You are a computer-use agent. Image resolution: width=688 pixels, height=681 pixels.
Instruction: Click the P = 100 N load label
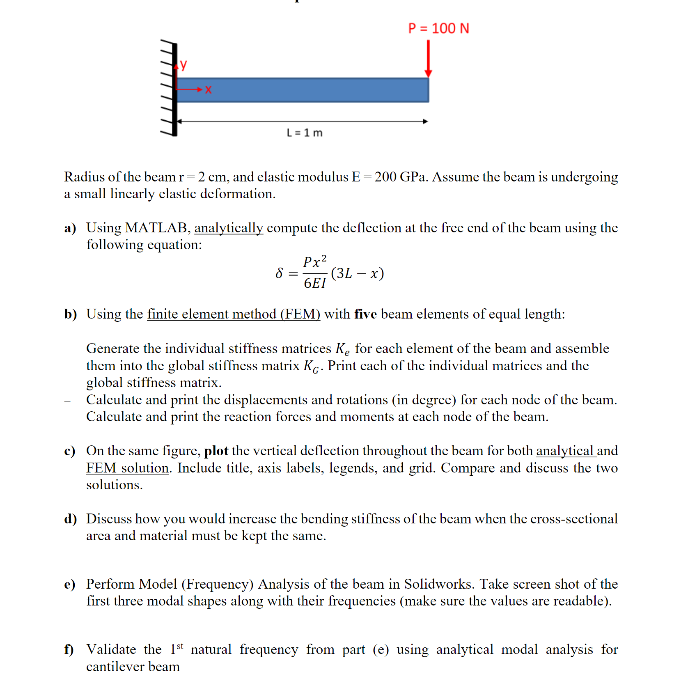point(438,28)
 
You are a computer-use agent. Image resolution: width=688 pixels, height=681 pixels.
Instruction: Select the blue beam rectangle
point(303,90)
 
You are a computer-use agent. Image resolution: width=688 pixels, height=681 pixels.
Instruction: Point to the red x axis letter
point(208,90)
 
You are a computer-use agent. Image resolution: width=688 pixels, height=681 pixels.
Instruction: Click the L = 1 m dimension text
point(305,133)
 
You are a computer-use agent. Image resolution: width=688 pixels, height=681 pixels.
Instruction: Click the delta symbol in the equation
point(279,273)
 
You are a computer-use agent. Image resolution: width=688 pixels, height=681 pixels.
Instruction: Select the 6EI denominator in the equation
point(315,283)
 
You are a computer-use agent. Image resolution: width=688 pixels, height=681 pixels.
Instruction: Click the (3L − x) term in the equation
point(357,273)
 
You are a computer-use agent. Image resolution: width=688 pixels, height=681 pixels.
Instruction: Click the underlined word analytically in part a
point(229,228)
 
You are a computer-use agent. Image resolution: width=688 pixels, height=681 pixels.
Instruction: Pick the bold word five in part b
point(365,314)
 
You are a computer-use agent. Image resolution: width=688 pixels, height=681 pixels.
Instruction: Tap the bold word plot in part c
point(216,451)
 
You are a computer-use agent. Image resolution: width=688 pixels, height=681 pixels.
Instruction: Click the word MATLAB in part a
point(156,228)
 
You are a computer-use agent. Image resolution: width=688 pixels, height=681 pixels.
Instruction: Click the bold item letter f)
point(69,649)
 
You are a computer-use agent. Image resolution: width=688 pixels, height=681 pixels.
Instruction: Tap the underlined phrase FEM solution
point(127,468)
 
